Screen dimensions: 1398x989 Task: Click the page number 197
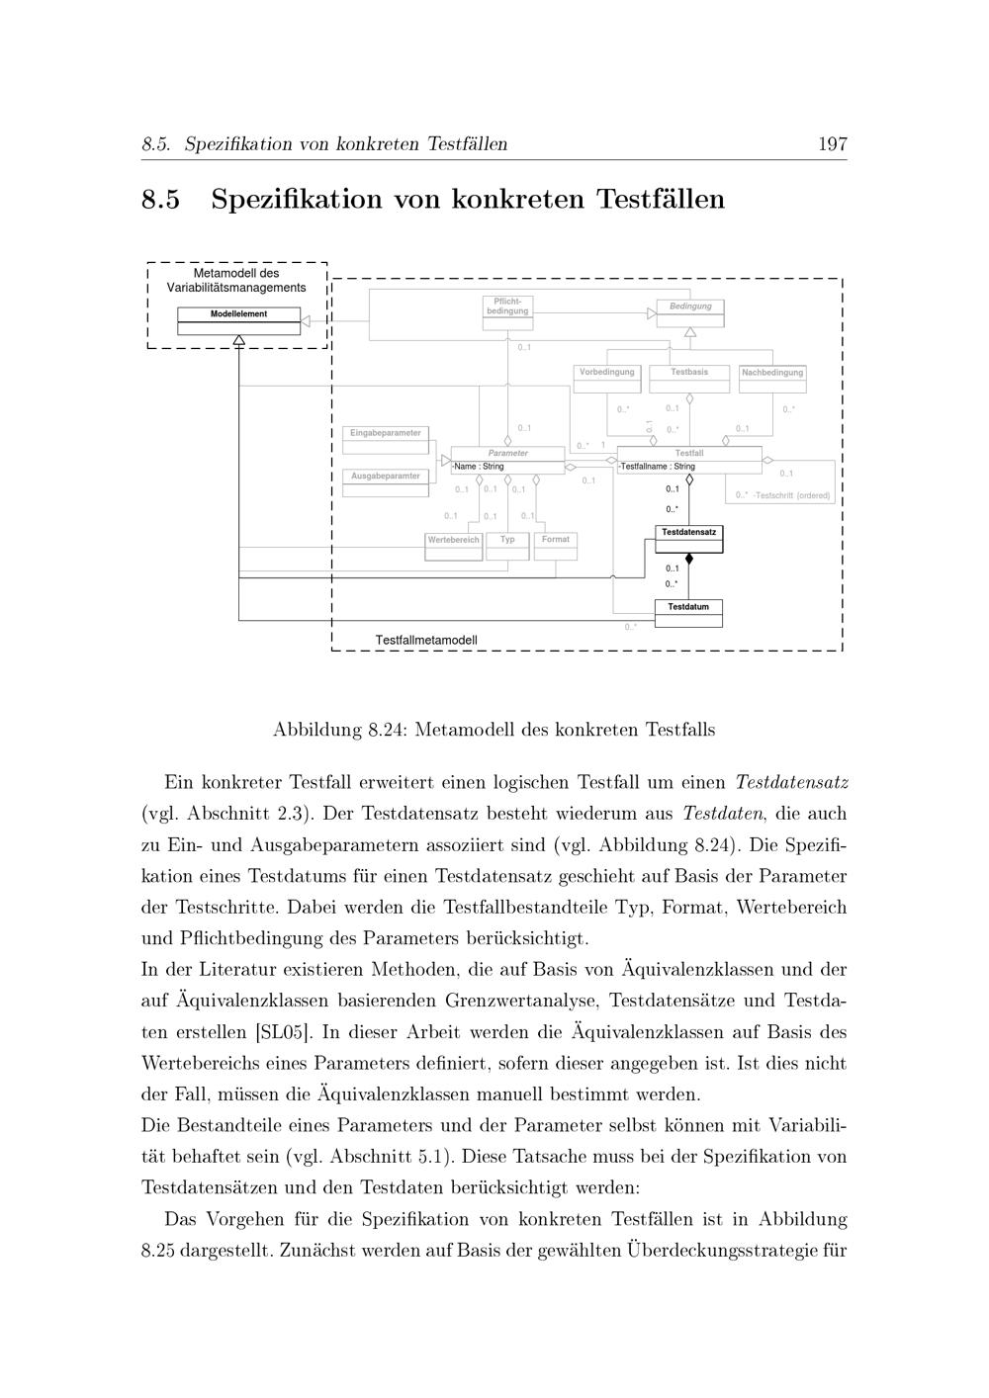pos(832,144)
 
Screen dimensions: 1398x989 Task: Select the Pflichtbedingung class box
pos(507,306)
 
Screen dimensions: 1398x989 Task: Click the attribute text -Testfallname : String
pos(658,467)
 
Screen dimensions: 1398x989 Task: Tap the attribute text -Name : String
pos(479,467)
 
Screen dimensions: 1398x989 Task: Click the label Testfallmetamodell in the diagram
pos(426,640)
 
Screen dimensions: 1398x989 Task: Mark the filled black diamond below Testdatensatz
pos(689,559)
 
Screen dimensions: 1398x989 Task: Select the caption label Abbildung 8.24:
pos(340,731)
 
